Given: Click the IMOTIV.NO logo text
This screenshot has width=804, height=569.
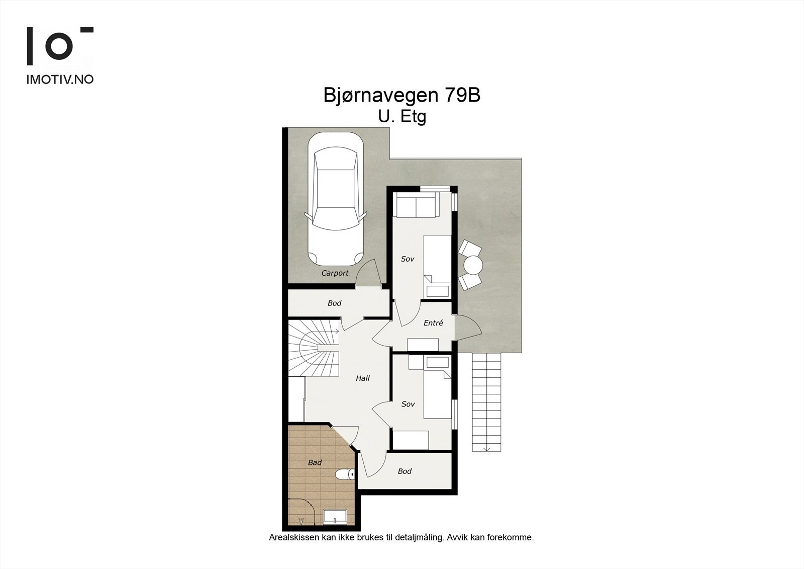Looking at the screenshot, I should click(60, 79).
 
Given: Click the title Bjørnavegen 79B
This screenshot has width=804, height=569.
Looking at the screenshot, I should click(401, 96).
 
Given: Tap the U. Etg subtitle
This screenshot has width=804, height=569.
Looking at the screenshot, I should click(402, 117).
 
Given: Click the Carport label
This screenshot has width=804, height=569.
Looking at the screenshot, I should click(335, 273).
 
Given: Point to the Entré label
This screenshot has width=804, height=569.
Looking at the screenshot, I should click(433, 323).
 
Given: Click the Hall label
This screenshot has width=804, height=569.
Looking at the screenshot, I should click(362, 378).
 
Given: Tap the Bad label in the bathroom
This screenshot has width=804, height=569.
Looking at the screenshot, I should click(315, 462).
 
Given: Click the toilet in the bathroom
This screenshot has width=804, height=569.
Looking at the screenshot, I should click(344, 474).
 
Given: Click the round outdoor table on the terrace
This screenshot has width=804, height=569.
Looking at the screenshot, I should click(473, 264).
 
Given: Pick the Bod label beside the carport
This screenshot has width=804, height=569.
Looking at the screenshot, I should click(334, 303).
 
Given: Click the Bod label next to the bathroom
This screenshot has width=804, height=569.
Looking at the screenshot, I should click(405, 471).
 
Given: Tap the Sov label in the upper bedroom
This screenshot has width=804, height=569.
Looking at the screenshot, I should click(407, 259).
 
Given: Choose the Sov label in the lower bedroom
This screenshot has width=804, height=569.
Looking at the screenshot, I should click(408, 404).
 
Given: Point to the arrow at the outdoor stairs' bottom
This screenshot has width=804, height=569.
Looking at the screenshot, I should click(486, 448).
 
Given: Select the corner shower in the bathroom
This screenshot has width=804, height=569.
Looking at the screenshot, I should click(300, 512).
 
